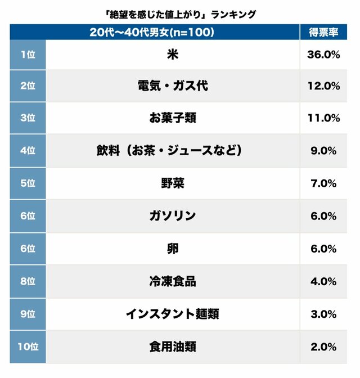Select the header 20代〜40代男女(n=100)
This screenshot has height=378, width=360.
click(152, 32)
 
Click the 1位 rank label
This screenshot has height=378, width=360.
click(27, 55)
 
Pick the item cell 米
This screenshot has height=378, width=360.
click(173, 55)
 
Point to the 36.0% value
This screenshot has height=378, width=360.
click(323, 55)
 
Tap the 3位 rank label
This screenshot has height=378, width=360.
click(27, 118)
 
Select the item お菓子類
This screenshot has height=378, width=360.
click(173, 118)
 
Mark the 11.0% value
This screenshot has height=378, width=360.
click(323, 118)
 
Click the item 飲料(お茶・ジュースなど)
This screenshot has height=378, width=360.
click(173, 151)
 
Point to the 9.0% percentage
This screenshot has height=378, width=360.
click(323, 151)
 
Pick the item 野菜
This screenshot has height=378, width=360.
click(173, 183)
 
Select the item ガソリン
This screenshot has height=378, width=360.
click(173, 216)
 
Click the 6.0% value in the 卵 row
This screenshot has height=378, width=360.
click(323, 249)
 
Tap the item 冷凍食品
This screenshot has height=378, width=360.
click(173, 281)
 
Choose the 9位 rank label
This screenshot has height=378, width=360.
click(27, 314)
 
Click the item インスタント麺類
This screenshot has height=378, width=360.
click(173, 314)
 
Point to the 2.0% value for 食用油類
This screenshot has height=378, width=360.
click(323, 346)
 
